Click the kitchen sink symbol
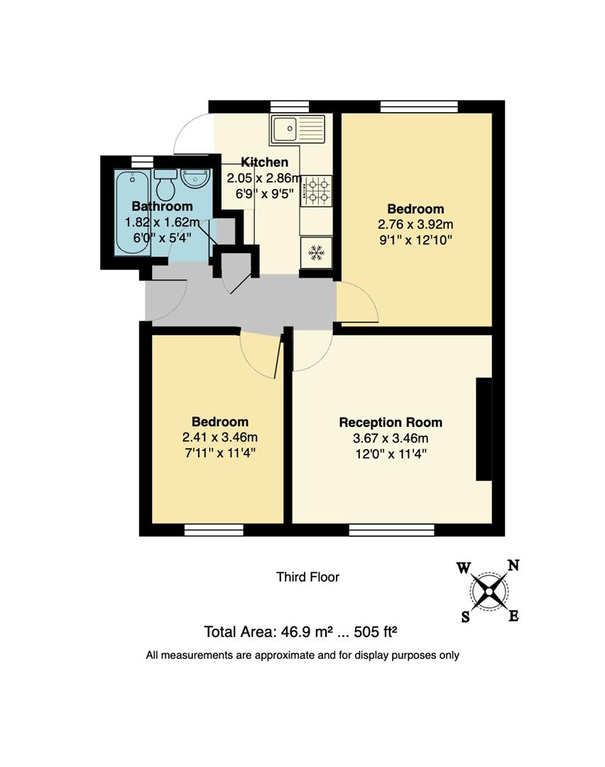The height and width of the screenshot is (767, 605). (296, 129)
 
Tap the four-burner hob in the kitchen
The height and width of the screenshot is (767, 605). (317, 190)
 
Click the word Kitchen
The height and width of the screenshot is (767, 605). (264, 162)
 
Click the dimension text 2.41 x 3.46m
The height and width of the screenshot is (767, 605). (219, 437)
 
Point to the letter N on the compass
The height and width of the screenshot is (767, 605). (513, 566)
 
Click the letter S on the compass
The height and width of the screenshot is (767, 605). (466, 616)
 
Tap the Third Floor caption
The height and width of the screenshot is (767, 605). (307, 577)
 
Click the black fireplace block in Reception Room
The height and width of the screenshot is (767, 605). (484, 430)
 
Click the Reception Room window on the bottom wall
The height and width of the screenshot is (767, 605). (391, 530)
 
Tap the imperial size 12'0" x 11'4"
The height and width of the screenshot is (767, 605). (391, 453)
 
